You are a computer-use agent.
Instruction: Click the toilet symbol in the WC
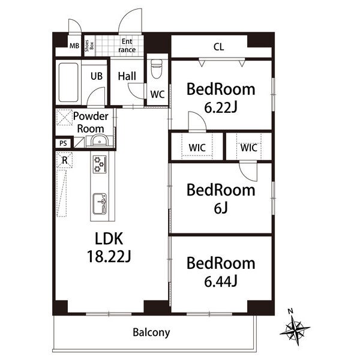coord(157,68)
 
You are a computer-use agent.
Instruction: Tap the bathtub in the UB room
coord(68,82)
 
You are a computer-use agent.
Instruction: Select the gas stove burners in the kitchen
coord(100,164)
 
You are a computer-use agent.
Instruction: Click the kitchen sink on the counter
coord(100,204)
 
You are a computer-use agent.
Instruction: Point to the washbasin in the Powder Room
coord(100,140)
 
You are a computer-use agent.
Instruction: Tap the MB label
coord(74,46)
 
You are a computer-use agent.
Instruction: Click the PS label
coord(63,143)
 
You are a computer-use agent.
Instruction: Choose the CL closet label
coord(218,47)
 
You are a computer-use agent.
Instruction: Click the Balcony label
coord(151,332)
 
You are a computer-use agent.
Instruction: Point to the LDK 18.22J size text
coord(109,256)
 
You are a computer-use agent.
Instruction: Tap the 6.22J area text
coord(221,107)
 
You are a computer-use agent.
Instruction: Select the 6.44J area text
coord(221,281)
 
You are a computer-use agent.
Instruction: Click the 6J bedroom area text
coord(221,208)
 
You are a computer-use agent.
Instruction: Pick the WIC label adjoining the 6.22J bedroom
coord(197,148)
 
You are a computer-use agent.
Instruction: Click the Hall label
coord(127,76)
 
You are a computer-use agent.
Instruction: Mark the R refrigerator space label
coord(65,160)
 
